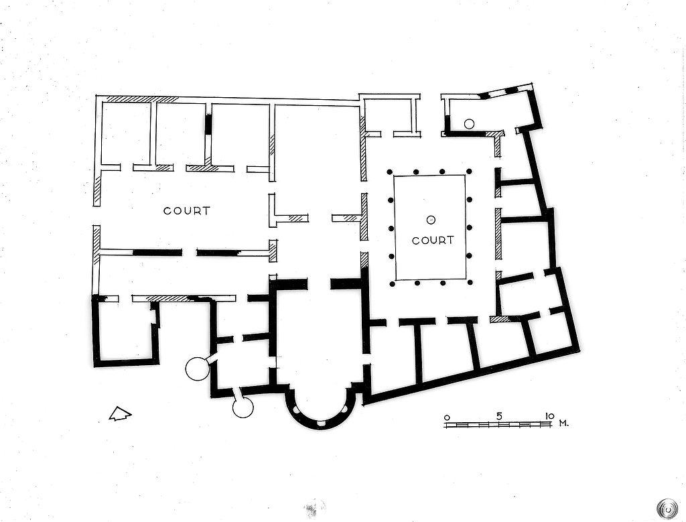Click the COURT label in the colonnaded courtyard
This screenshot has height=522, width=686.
[433, 240]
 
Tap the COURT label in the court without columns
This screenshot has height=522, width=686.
[187, 210]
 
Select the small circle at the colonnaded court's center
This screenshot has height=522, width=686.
[431, 219]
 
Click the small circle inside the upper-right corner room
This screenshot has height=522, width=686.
[469, 123]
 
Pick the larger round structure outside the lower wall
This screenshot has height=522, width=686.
[198, 369]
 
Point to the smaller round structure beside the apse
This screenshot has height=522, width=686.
[243, 407]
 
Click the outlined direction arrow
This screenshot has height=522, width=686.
[120, 415]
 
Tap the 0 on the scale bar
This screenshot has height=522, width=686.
[447, 417]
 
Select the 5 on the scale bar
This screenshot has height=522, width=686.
[499, 415]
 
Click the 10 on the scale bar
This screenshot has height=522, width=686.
[549, 415]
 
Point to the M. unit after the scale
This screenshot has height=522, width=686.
[564, 423]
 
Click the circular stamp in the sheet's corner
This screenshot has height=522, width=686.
[667, 507]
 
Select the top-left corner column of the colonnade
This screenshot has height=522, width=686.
[389, 172]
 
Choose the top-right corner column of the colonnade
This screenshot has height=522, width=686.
[469, 172]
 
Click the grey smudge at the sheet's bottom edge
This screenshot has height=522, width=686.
[314, 507]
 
